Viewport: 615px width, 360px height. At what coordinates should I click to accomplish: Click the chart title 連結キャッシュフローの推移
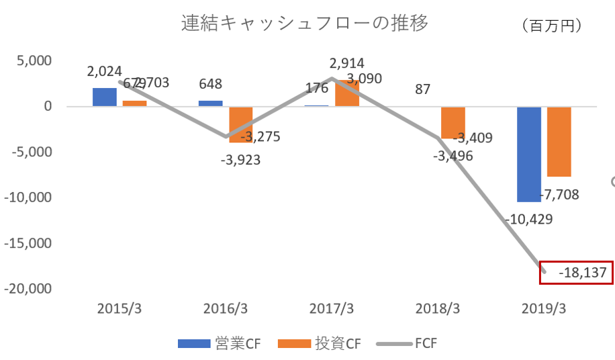coord(305,24)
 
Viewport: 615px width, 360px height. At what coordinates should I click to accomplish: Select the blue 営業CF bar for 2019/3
coord(528,154)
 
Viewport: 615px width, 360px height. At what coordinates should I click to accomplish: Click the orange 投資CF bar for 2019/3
coord(559,142)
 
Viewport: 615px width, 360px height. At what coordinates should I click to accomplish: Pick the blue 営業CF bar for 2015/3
coord(104,97)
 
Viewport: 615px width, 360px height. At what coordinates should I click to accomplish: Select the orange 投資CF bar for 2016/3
coord(241,124)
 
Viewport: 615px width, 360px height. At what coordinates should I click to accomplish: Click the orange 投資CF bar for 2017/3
coord(347,93)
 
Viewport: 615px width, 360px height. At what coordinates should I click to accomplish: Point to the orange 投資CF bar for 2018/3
coord(453,122)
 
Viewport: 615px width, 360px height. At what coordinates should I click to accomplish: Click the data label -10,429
coord(528,220)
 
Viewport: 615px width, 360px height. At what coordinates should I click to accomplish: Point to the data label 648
coord(210,85)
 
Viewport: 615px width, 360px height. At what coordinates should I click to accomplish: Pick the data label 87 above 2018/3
coord(424,89)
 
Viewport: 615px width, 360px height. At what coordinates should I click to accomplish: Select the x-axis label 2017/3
coord(332,309)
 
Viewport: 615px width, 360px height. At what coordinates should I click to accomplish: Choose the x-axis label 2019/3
coord(544,309)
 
